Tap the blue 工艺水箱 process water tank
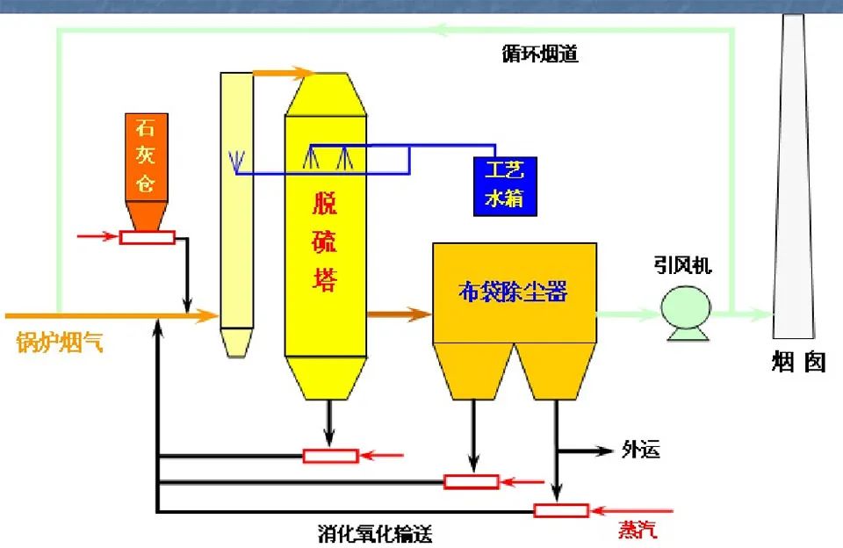click(x=504, y=185)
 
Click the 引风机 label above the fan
click(x=682, y=266)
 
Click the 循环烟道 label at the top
click(x=540, y=54)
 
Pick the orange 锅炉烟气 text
click(x=60, y=342)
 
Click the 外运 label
click(x=640, y=451)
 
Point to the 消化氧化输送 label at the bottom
click(x=375, y=533)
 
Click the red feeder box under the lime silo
click(x=148, y=236)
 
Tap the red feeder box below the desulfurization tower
click(x=330, y=455)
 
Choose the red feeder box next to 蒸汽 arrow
click(x=561, y=510)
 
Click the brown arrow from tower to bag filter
click(x=399, y=313)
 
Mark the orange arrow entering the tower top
click(x=283, y=72)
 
